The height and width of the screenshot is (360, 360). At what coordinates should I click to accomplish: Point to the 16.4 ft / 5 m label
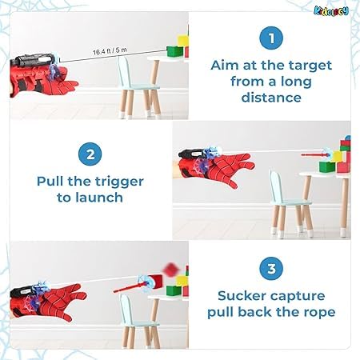coord(109,51)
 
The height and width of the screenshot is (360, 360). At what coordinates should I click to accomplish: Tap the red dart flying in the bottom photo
coord(130,282)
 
